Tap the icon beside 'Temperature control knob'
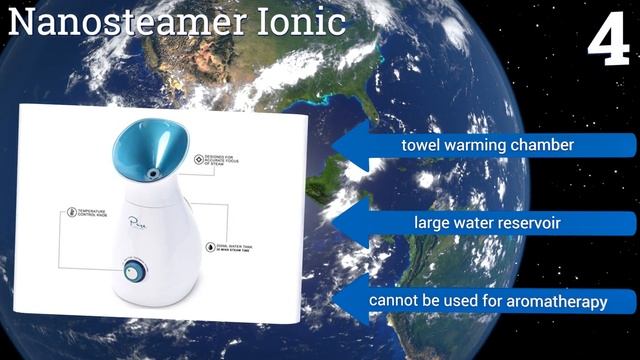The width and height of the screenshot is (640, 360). tap(71, 212)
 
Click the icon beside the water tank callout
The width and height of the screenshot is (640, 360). tap(208, 246)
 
